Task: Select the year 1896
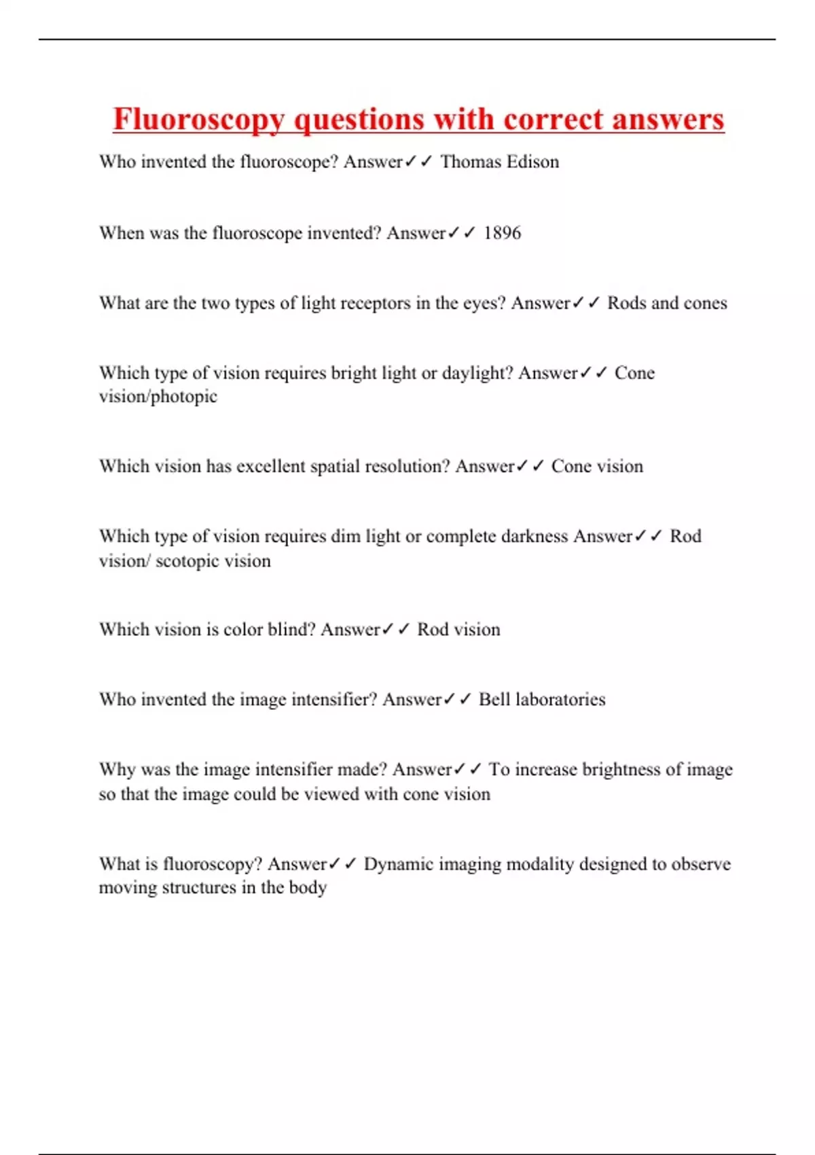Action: (x=502, y=233)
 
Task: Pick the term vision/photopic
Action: (x=158, y=397)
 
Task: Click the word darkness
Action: (x=534, y=537)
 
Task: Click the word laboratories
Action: (x=560, y=700)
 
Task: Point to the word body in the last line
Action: (x=308, y=888)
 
